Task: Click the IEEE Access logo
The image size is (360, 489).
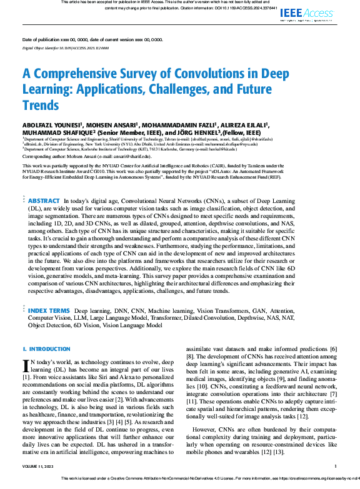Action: (x=307, y=13)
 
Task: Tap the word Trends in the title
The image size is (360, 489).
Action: (x=41, y=104)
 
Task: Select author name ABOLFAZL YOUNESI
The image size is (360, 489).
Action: (x=52, y=124)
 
